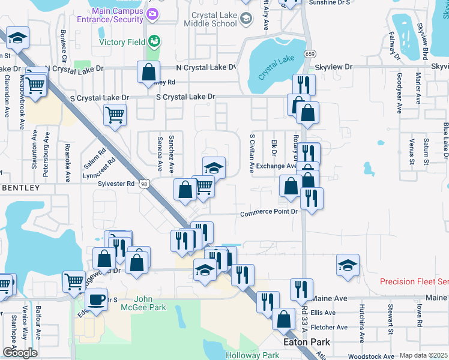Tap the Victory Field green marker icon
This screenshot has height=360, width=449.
(x=155, y=41)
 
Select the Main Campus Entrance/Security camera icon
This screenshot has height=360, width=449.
(x=152, y=13)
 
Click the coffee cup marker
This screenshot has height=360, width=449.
(x=97, y=299)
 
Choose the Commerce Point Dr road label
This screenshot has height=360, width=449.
(x=269, y=213)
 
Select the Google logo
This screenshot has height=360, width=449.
(x=19, y=353)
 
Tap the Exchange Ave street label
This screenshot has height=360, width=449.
(x=276, y=166)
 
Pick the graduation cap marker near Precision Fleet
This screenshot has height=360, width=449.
(x=348, y=266)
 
